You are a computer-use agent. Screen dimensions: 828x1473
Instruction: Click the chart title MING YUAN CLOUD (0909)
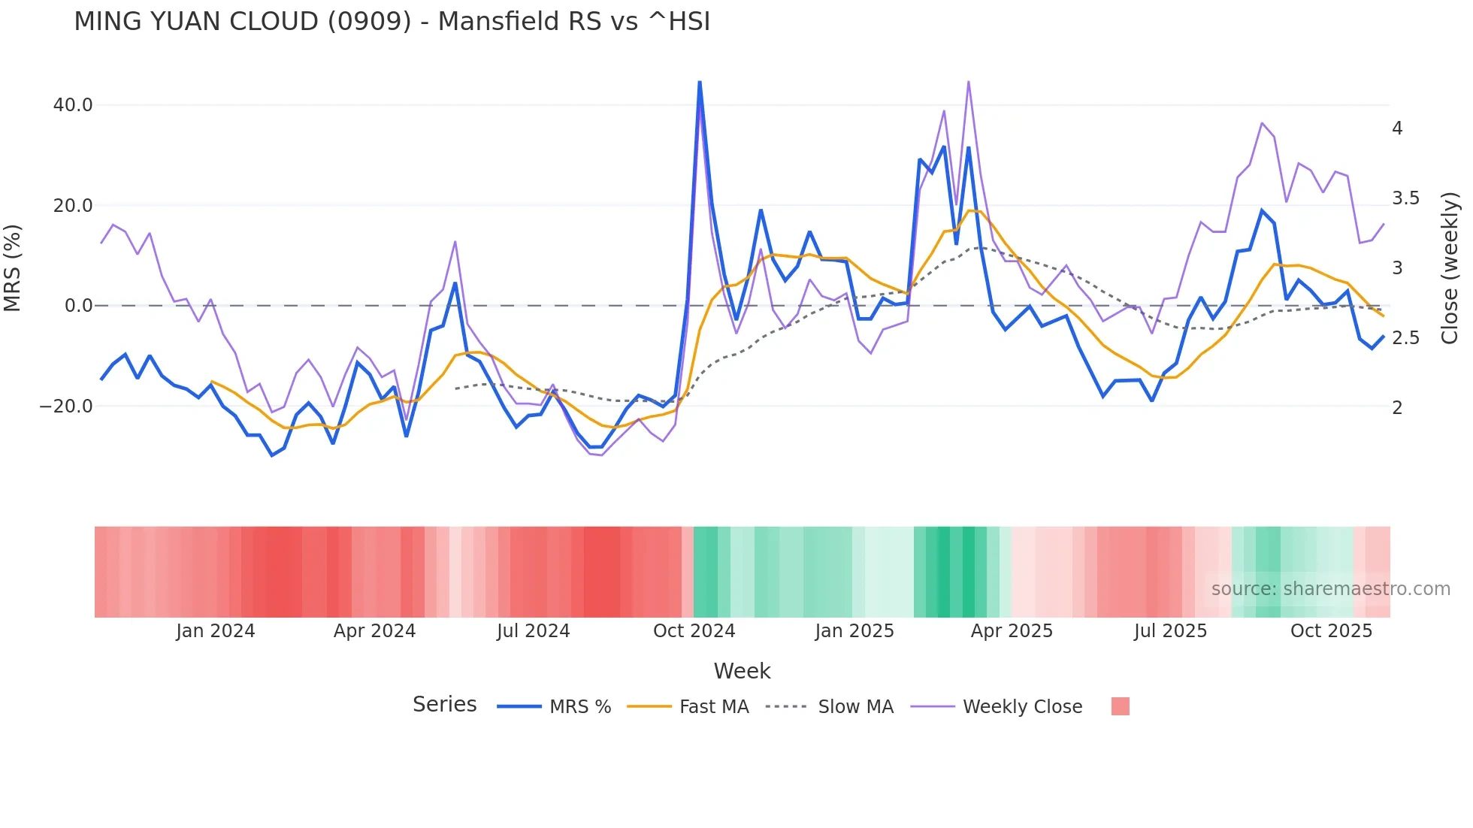[x=392, y=22]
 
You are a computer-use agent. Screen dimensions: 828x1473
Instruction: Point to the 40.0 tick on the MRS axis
[x=73, y=105]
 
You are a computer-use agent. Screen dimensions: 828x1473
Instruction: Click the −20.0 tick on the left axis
[x=66, y=406]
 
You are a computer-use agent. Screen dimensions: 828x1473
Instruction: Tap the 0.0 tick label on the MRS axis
[x=78, y=306]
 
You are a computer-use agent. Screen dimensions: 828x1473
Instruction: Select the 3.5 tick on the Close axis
[x=1405, y=198]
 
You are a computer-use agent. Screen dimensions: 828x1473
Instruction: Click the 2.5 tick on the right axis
[x=1405, y=338]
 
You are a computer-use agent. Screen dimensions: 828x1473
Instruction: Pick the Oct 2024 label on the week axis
[x=694, y=631]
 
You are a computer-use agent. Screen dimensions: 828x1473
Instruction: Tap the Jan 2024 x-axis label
[x=216, y=631]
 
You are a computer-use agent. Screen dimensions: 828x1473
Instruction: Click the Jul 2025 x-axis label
[x=1170, y=631]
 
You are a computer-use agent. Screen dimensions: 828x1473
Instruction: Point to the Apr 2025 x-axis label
[x=1012, y=631]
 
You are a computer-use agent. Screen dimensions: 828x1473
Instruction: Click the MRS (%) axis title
[x=13, y=268]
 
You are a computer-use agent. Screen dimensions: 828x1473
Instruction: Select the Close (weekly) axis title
[x=1450, y=268]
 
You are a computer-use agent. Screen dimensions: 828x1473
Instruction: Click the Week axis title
[x=742, y=671]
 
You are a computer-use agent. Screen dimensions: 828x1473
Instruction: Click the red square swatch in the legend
[x=1120, y=706]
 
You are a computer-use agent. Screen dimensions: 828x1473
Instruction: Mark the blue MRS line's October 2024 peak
[x=700, y=82]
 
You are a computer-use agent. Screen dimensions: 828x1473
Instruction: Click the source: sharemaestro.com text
[x=1330, y=589]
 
